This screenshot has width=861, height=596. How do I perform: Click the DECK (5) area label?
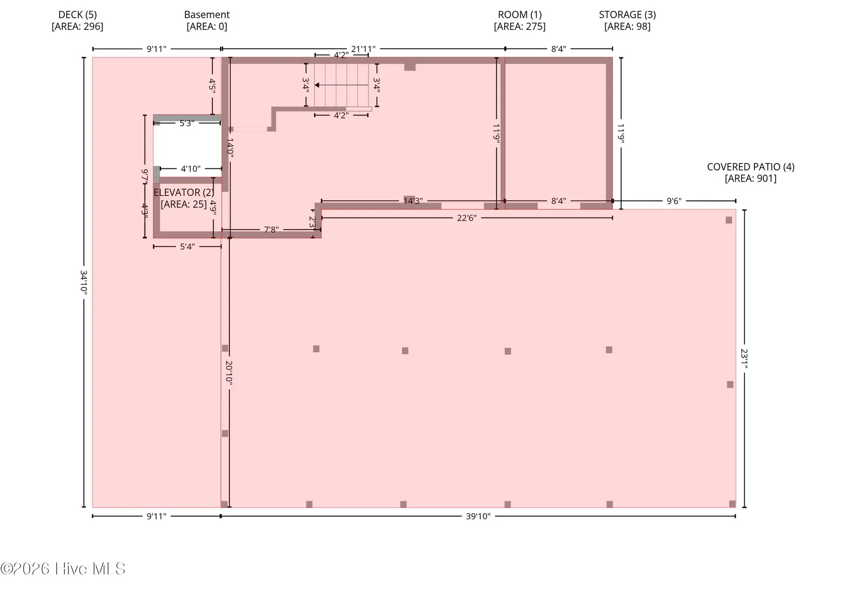coord(77,20)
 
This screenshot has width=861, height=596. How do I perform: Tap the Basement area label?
coord(207,20)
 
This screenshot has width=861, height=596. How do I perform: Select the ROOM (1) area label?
coord(520,20)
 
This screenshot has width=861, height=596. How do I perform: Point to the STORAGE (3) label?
coord(627,20)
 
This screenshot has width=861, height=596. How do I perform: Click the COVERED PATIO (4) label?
coord(751,173)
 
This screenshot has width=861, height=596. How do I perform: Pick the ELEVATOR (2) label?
coord(184,198)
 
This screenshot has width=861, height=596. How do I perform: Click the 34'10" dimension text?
coord(83,282)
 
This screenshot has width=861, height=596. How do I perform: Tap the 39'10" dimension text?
coord(478,517)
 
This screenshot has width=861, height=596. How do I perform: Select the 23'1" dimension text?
coord(744,358)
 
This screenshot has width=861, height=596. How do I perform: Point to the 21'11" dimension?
coord(363,49)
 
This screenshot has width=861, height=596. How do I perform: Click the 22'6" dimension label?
coord(467,218)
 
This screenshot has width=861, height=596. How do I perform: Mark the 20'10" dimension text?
coord(229,372)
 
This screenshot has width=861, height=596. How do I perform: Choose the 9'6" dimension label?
coord(674,201)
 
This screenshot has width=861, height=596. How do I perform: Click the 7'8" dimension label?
coord(271,230)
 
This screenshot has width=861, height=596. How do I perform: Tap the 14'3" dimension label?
coord(413,201)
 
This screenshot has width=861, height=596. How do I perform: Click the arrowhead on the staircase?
coord(317,85)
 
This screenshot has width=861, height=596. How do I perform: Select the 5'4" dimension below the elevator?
coord(187,247)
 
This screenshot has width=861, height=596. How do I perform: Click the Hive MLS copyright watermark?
coord(63,569)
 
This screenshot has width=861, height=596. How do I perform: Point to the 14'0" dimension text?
coord(230,148)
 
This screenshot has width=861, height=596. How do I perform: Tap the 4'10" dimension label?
coord(191,169)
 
